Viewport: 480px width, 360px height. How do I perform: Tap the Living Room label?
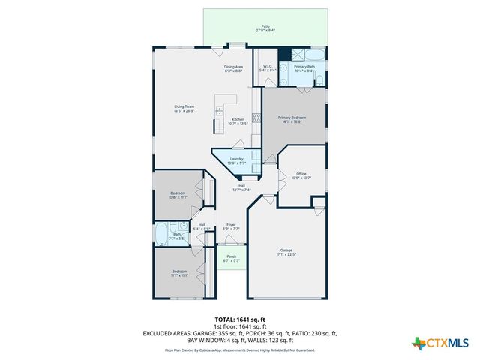(184, 109)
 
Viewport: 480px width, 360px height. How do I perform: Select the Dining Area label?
(233, 69)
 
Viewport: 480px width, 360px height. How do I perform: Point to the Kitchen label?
(238, 121)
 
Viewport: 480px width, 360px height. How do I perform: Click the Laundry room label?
(237, 160)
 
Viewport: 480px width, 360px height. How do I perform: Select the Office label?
(301, 175)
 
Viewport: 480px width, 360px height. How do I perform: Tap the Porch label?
(231, 258)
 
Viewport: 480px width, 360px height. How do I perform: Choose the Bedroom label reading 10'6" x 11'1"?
(178, 196)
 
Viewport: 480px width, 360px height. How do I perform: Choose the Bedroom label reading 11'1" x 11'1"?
(179, 273)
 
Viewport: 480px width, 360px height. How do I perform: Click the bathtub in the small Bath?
(162, 235)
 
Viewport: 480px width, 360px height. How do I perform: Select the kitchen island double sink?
(219, 112)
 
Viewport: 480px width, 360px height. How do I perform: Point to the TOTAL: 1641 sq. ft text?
(239, 319)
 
